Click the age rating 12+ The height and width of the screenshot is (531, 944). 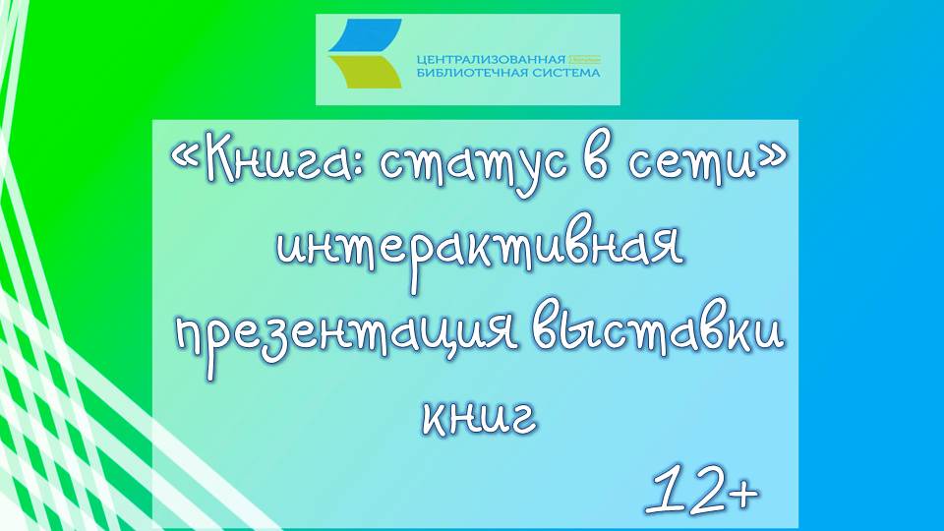pyautogui.click(x=702, y=487)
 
